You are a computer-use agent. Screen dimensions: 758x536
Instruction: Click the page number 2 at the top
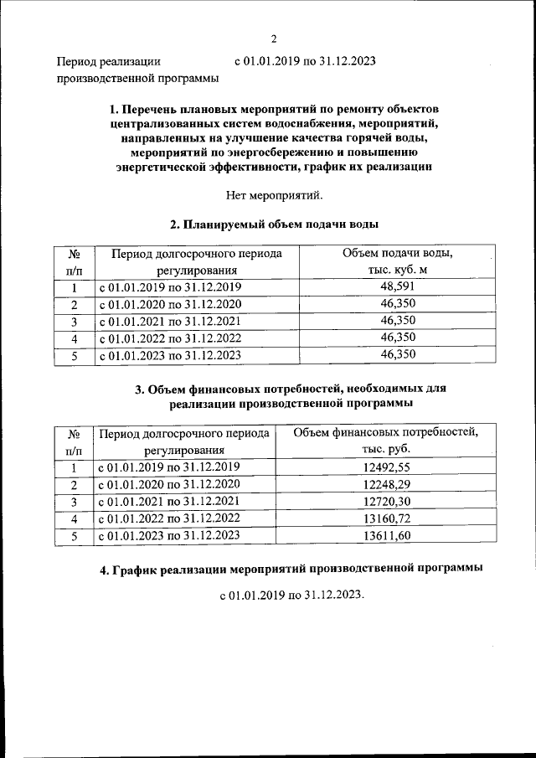point(273,38)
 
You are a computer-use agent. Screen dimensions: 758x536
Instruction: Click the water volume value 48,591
point(398,287)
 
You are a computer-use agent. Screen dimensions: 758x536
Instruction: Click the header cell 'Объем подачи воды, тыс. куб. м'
point(398,261)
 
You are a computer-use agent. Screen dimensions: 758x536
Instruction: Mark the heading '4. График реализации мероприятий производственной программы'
point(291,569)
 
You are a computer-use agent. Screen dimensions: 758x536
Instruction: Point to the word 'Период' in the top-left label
point(76,61)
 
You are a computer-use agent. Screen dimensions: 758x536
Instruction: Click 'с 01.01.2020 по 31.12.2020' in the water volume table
point(170,304)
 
